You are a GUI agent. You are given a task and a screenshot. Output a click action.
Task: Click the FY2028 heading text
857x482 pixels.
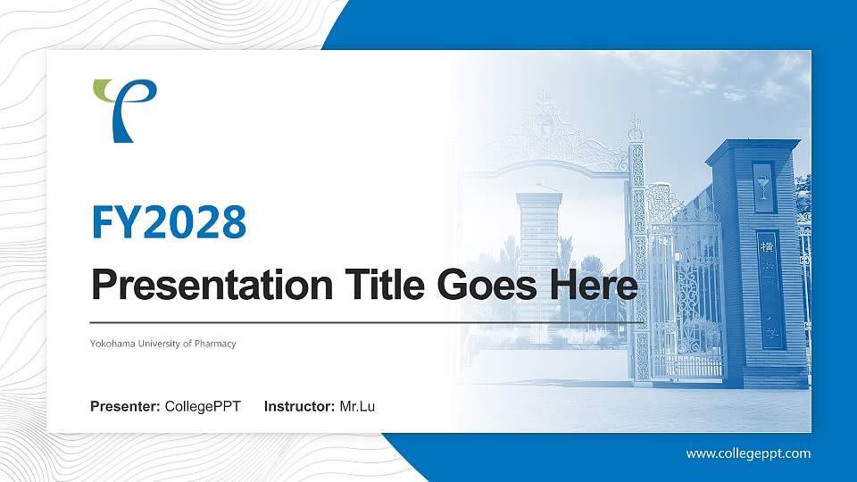click(169, 222)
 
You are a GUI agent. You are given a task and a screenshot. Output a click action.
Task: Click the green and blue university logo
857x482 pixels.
click(125, 110)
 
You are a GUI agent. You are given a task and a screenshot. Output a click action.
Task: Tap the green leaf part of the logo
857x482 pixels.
click(105, 88)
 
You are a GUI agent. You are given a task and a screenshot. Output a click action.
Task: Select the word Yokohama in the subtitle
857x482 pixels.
click(113, 344)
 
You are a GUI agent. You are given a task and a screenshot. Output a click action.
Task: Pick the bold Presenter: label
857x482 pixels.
click(125, 407)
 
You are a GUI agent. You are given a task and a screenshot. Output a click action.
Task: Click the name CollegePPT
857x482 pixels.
click(203, 407)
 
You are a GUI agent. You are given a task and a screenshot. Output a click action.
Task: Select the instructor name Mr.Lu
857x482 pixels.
click(357, 407)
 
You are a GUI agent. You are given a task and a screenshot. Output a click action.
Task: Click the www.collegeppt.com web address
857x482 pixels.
click(748, 453)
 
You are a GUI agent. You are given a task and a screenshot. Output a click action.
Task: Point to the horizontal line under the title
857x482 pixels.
click(366, 322)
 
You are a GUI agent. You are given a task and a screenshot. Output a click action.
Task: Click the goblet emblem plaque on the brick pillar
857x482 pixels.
click(762, 187)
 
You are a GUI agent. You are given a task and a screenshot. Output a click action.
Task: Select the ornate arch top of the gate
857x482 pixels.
click(546, 134)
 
